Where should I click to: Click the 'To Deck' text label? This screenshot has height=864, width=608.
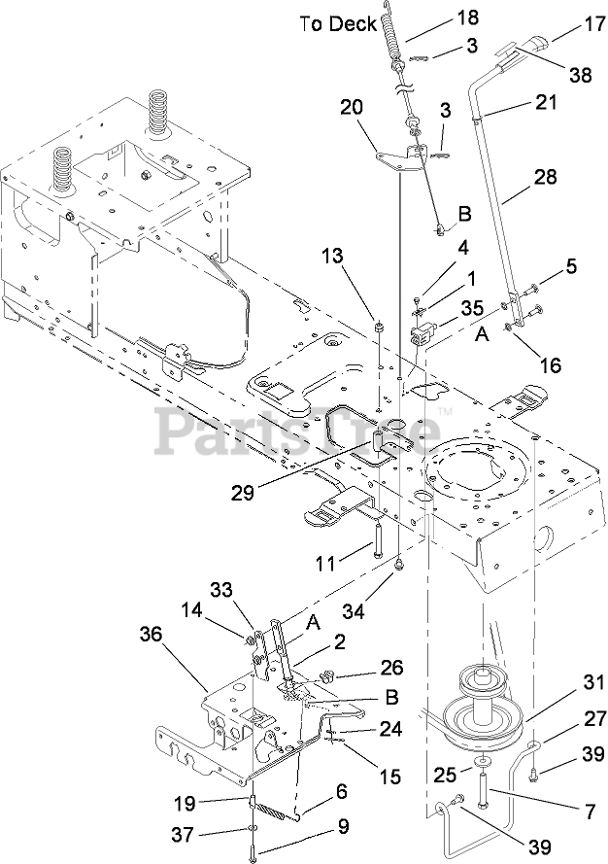(338, 24)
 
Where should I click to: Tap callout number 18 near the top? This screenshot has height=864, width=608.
(467, 17)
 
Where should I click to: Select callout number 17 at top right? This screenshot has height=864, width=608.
(593, 24)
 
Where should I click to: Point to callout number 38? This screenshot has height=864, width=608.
(580, 74)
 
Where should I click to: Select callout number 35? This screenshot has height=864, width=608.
(471, 307)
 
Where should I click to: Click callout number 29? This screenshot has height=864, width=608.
(242, 492)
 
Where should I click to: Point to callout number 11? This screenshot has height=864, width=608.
(326, 563)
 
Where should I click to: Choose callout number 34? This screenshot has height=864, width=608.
(353, 610)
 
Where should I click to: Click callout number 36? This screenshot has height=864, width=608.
(151, 635)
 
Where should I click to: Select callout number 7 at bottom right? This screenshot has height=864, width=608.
(590, 812)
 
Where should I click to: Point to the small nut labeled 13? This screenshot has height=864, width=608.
(379, 328)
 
